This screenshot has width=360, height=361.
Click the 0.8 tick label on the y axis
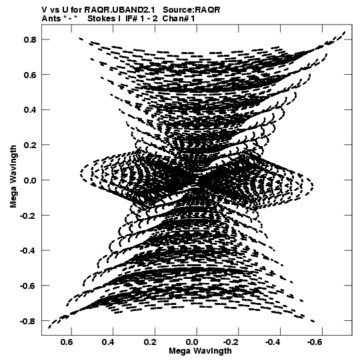[30, 40]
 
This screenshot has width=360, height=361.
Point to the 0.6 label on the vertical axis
[30, 75]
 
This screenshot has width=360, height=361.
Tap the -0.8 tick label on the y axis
[28, 321]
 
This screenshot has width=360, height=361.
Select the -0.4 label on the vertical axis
[28, 250]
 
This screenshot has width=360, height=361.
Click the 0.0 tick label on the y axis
[30, 180]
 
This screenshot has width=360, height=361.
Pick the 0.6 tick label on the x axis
[67, 342]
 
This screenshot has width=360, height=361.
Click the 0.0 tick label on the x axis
[192, 342]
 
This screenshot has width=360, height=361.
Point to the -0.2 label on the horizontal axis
[232, 342]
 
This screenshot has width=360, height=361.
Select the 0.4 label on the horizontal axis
[109, 342]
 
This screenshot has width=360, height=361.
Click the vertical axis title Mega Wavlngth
[13, 177]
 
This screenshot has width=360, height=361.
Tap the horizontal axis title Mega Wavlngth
[200, 351]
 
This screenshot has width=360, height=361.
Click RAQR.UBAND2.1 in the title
[119, 10]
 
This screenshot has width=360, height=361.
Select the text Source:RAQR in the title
[191, 10]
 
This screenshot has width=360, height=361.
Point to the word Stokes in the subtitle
[102, 19]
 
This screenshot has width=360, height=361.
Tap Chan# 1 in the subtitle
[179, 19]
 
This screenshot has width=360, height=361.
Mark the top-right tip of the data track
[345, 32]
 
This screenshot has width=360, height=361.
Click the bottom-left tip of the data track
[49, 328]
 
